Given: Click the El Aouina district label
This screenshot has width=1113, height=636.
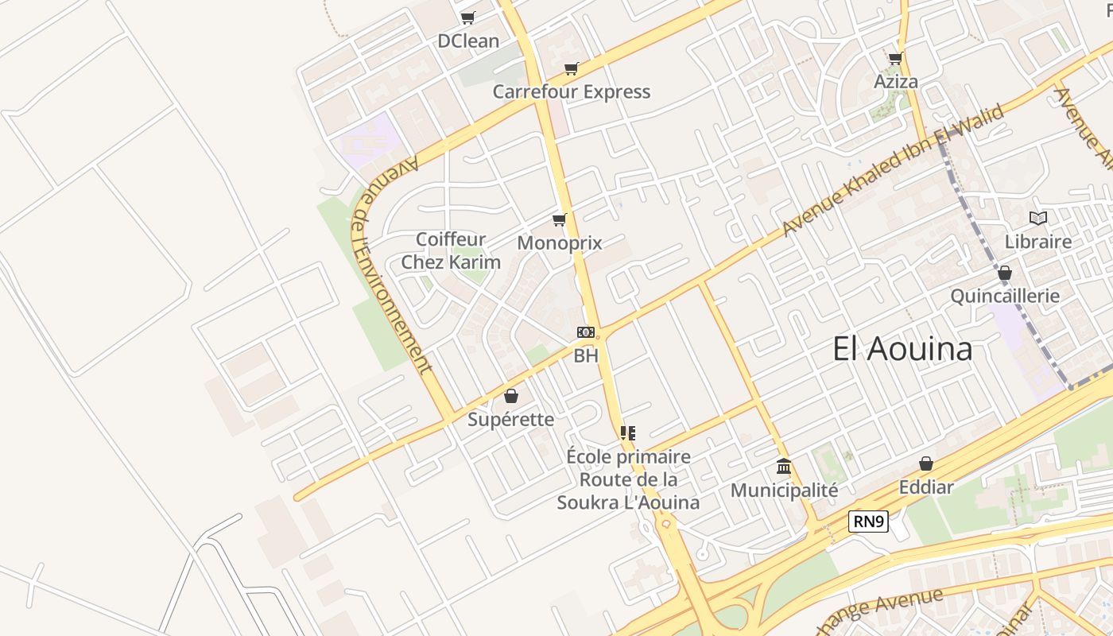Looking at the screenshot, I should click(x=902, y=349).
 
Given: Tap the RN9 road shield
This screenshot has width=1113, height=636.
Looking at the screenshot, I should click(x=868, y=522).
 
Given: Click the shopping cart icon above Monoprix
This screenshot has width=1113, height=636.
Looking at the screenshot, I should click(x=560, y=219).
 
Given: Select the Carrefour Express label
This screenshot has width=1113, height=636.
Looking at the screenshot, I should click(x=571, y=91).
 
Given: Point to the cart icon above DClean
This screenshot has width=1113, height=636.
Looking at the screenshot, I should click(x=467, y=17).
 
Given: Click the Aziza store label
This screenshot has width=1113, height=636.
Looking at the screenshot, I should click(x=896, y=81).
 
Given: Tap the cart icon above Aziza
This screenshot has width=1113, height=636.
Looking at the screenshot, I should click(x=896, y=58).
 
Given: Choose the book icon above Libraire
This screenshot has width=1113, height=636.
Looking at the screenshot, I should click(x=1037, y=218).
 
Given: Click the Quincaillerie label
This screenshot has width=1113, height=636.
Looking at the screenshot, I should click(x=1005, y=296).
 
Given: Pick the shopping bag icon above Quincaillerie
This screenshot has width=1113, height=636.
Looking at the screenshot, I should click(x=1005, y=273).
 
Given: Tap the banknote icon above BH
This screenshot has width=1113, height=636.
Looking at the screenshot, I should click(x=586, y=332).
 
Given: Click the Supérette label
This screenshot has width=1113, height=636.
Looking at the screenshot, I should click(x=510, y=419).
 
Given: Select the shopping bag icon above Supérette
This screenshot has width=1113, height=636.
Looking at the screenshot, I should click(x=511, y=395).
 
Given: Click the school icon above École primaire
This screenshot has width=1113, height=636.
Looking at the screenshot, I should click(x=628, y=433).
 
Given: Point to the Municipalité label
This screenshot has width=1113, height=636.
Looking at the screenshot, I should click(x=784, y=490).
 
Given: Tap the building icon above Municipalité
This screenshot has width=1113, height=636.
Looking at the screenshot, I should click(x=784, y=466).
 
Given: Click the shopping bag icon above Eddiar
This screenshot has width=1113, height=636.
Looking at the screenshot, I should click(x=926, y=463).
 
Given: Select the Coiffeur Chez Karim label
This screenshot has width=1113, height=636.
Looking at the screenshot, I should click(x=451, y=250).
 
